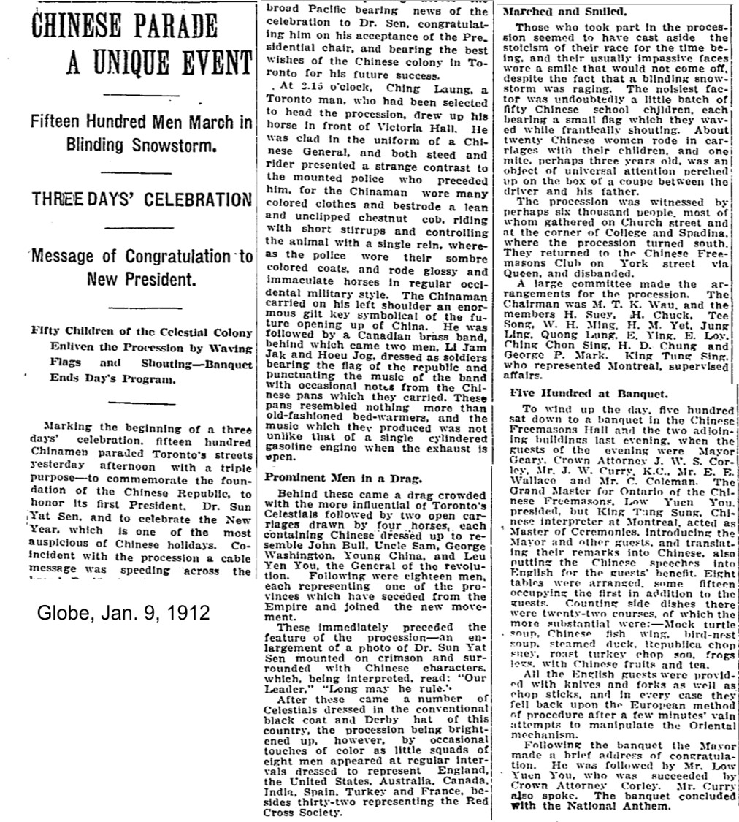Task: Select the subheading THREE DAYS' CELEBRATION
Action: point(140,199)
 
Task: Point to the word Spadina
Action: point(706,233)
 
